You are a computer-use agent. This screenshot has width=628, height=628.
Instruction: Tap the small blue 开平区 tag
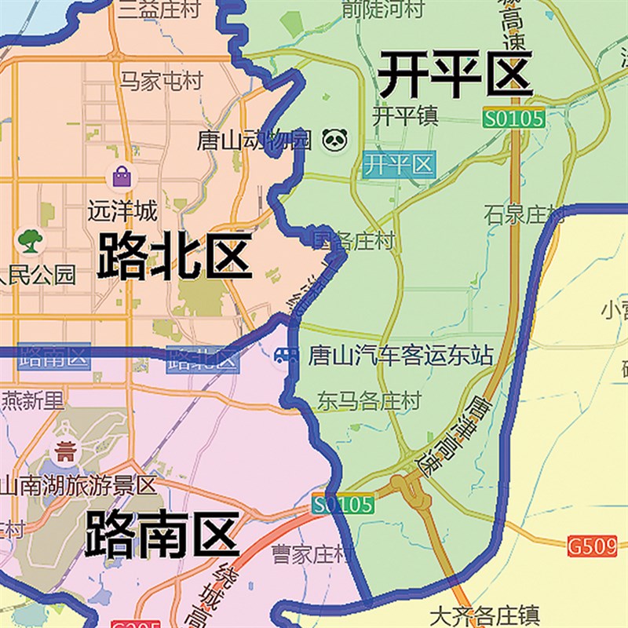[x=400, y=165]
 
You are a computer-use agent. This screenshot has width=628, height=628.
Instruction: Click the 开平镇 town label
[x=405, y=116]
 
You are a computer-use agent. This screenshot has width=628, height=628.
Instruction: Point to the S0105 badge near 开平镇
[x=513, y=119]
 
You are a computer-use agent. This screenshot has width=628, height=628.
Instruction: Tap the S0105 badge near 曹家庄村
[x=342, y=504]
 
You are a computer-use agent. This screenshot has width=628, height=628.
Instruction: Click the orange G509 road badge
[x=591, y=543]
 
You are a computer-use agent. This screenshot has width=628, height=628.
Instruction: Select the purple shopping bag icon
[x=122, y=176]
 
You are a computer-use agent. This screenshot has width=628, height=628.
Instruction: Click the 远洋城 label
[x=122, y=211]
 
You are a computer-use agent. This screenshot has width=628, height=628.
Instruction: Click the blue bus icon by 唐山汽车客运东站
[x=285, y=357]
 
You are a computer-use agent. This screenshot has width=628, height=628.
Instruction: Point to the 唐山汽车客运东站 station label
[x=401, y=356]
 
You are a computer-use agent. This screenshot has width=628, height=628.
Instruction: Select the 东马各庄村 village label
[x=369, y=401]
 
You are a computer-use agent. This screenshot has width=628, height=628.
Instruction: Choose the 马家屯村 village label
[x=161, y=81]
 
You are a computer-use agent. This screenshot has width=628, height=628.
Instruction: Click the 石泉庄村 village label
[x=524, y=214]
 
